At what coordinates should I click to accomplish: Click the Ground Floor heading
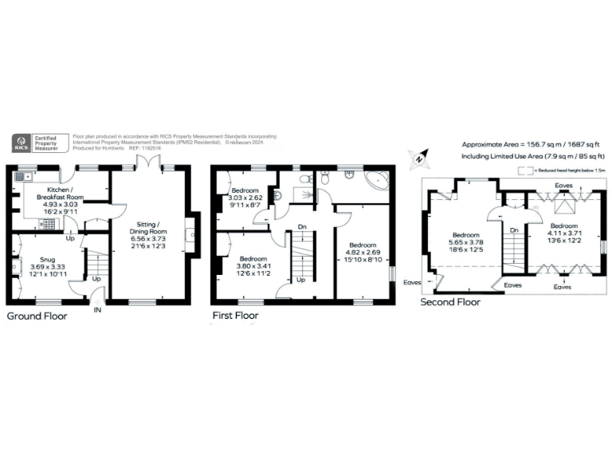point(37,316)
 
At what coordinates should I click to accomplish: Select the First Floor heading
point(236,316)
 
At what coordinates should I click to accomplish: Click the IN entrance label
point(98,309)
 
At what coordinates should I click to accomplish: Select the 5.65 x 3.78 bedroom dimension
point(466,244)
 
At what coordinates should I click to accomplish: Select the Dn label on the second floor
point(514,230)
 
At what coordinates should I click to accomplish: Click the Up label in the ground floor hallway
point(96,280)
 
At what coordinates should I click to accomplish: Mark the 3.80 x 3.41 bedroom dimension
point(253,267)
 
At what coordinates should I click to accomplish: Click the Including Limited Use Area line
point(528,157)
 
